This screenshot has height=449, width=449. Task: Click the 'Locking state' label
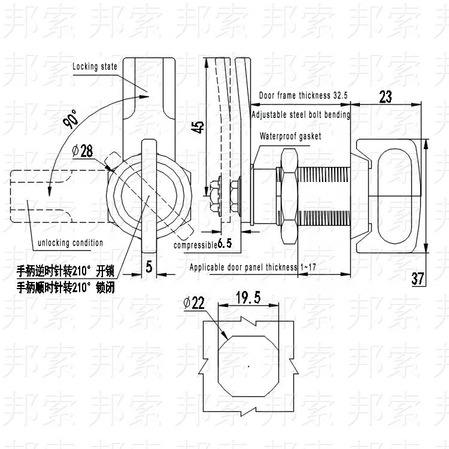(x=95, y=66)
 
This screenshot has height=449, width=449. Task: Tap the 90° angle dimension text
(x=71, y=119)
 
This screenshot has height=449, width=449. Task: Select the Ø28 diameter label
(x=83, y=151)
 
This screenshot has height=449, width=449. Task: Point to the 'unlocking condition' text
(x=70, y=243)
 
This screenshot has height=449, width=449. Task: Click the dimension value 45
(x=198, y=127)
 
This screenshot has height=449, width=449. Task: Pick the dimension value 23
(x=386, y=97)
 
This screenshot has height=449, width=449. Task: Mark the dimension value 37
(x=417, y=278)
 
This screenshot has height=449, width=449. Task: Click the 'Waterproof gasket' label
(x=290, y=136)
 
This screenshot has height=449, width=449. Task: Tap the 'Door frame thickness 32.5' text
(x=304, y=95)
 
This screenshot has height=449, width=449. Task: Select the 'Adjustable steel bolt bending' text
(x=301, y=114)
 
